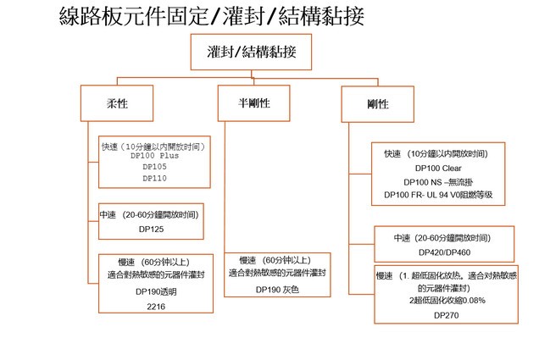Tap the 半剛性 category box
coord(254,103)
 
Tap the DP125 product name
coord(150,230)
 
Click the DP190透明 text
coord(153,291)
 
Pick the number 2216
coord(153,306)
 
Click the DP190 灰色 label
coord(277,290)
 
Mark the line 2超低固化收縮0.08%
coord(445,301)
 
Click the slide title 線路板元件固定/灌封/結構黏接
coord(212,16)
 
